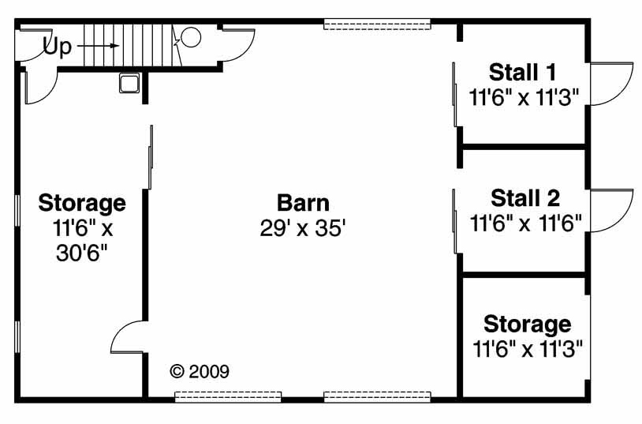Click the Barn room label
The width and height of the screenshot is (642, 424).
coord(303,203)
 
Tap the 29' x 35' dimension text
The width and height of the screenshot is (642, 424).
coord(303,228)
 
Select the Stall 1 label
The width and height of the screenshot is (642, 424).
coord(523,73)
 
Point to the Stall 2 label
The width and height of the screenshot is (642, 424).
coord(525,198)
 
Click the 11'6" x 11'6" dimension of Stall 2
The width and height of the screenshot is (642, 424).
coord(526,224)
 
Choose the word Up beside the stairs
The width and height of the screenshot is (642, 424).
coord(58,47)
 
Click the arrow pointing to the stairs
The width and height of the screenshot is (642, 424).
coord(99,46)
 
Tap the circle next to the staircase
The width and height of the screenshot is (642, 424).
coord(191,37)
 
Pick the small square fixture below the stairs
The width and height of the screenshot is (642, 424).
coord(129,83)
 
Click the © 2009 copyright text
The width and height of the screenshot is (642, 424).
coord(200,372)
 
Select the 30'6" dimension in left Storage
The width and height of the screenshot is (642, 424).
coord(82,253)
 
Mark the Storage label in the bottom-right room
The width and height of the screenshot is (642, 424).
coord(528,325)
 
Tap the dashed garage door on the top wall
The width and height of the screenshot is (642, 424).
coord(377,24)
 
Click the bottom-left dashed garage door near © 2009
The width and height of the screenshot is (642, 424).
coord(228,396)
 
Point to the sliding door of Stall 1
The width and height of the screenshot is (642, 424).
coord(454,94)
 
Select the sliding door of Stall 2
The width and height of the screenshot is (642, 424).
coord(454,221)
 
